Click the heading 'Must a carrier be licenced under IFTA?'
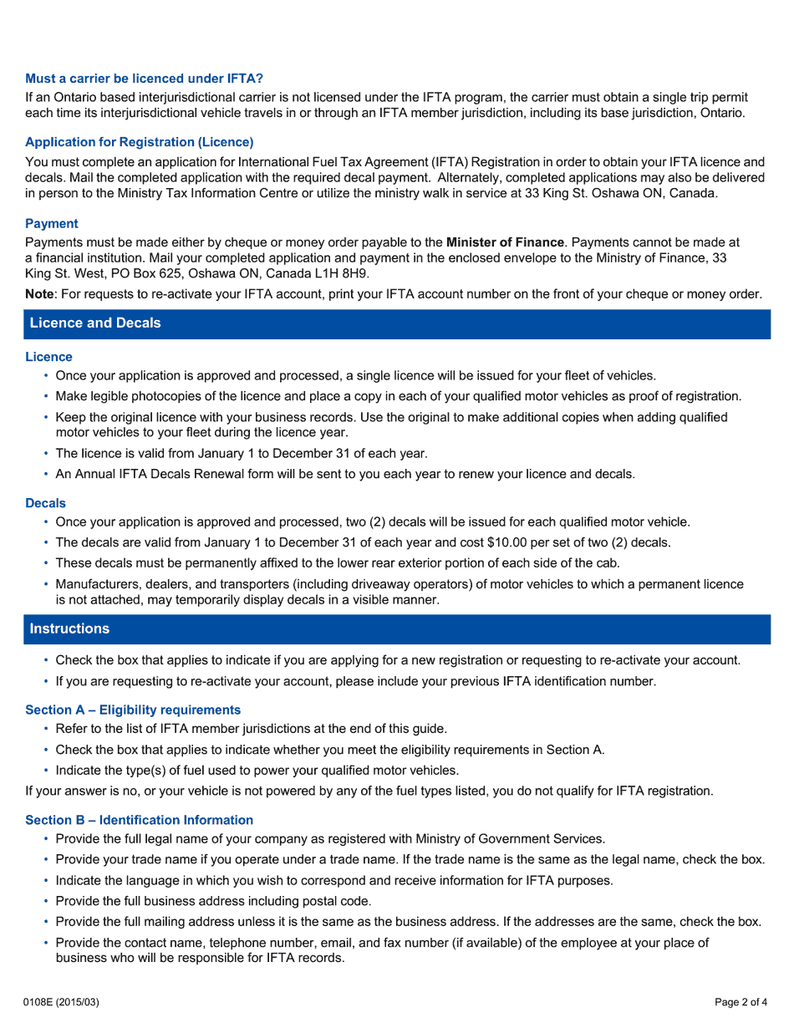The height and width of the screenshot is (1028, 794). (144, 79)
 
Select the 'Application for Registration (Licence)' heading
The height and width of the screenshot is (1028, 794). (140, 142)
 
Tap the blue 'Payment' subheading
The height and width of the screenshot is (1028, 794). (52, 223)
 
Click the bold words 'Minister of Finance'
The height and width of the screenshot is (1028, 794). (505, 242)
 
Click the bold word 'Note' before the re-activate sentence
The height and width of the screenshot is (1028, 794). (39, 294)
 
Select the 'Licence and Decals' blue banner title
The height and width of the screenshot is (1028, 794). (95, 323)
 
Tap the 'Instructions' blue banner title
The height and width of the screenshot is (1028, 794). (69, 629)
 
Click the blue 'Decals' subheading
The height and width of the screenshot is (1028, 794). (45, 503)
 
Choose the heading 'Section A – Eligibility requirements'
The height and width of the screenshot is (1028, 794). (133, 710)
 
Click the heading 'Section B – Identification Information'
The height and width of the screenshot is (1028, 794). (139, 820)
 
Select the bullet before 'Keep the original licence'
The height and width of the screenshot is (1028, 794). (46, 417)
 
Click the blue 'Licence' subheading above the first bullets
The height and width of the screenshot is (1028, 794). (48, 357)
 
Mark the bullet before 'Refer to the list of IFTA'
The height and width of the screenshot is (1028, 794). (46, 729)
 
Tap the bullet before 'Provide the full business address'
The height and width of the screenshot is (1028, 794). (46, 902)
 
